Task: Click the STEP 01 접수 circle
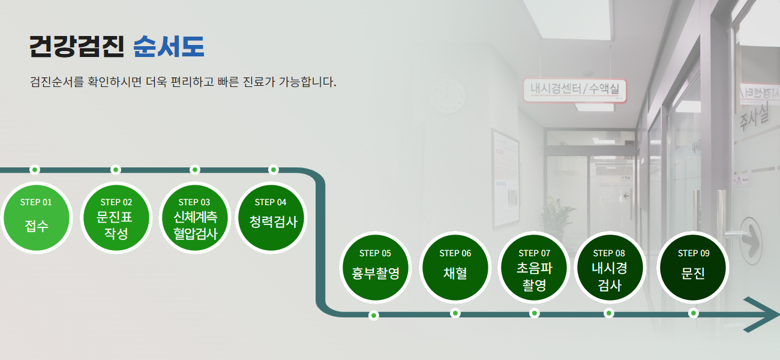coord(36,218)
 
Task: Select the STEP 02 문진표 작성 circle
coord(116,218)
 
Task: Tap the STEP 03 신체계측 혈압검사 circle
coord(194,218)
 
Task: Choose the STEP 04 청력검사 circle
coord(271,218)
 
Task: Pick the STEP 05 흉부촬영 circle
coord(376,268)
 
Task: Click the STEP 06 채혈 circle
coord(455,268)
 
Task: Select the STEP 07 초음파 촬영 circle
coord(534,268)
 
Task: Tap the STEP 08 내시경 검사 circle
coord(610,268)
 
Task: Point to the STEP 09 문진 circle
coord(693,268)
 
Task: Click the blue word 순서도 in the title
coord(169,46)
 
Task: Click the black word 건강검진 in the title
coord(77,46)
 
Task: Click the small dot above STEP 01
coord(34,170)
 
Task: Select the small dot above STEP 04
coord(274,170)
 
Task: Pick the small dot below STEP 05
coord(374,316)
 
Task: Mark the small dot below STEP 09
coord(693,313)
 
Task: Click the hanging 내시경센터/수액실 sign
coord(575,90)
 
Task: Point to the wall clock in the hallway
coord(448,96)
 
